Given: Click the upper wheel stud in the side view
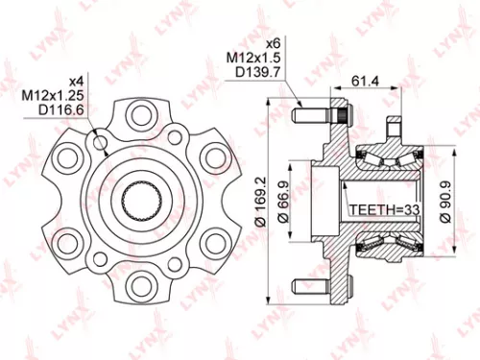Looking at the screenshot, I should coord(320,118).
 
